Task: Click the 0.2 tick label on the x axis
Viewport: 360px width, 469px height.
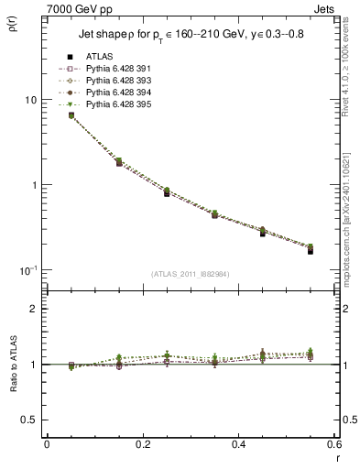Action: coord(142,445)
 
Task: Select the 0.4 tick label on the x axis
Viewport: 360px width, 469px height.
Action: coord(238,445)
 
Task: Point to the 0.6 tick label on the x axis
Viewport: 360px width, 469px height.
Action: coord(333,445)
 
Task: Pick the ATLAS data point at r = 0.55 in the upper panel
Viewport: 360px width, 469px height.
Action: coord(311,250)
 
